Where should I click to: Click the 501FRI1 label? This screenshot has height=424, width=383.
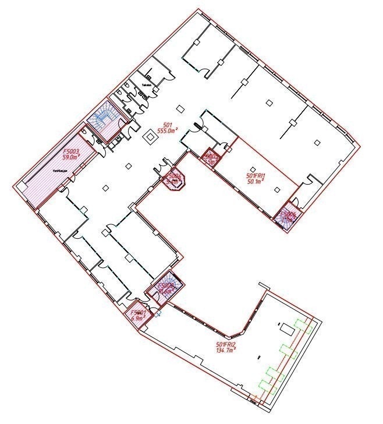[256, 175]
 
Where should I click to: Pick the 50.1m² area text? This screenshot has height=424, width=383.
[256, 181]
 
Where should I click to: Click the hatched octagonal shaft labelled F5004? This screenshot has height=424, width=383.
[175, 181]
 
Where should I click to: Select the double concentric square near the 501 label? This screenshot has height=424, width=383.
[150, 137]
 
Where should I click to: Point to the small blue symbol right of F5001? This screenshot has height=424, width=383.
[158, 313]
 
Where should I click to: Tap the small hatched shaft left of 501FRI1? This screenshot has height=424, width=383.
[211, 158]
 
